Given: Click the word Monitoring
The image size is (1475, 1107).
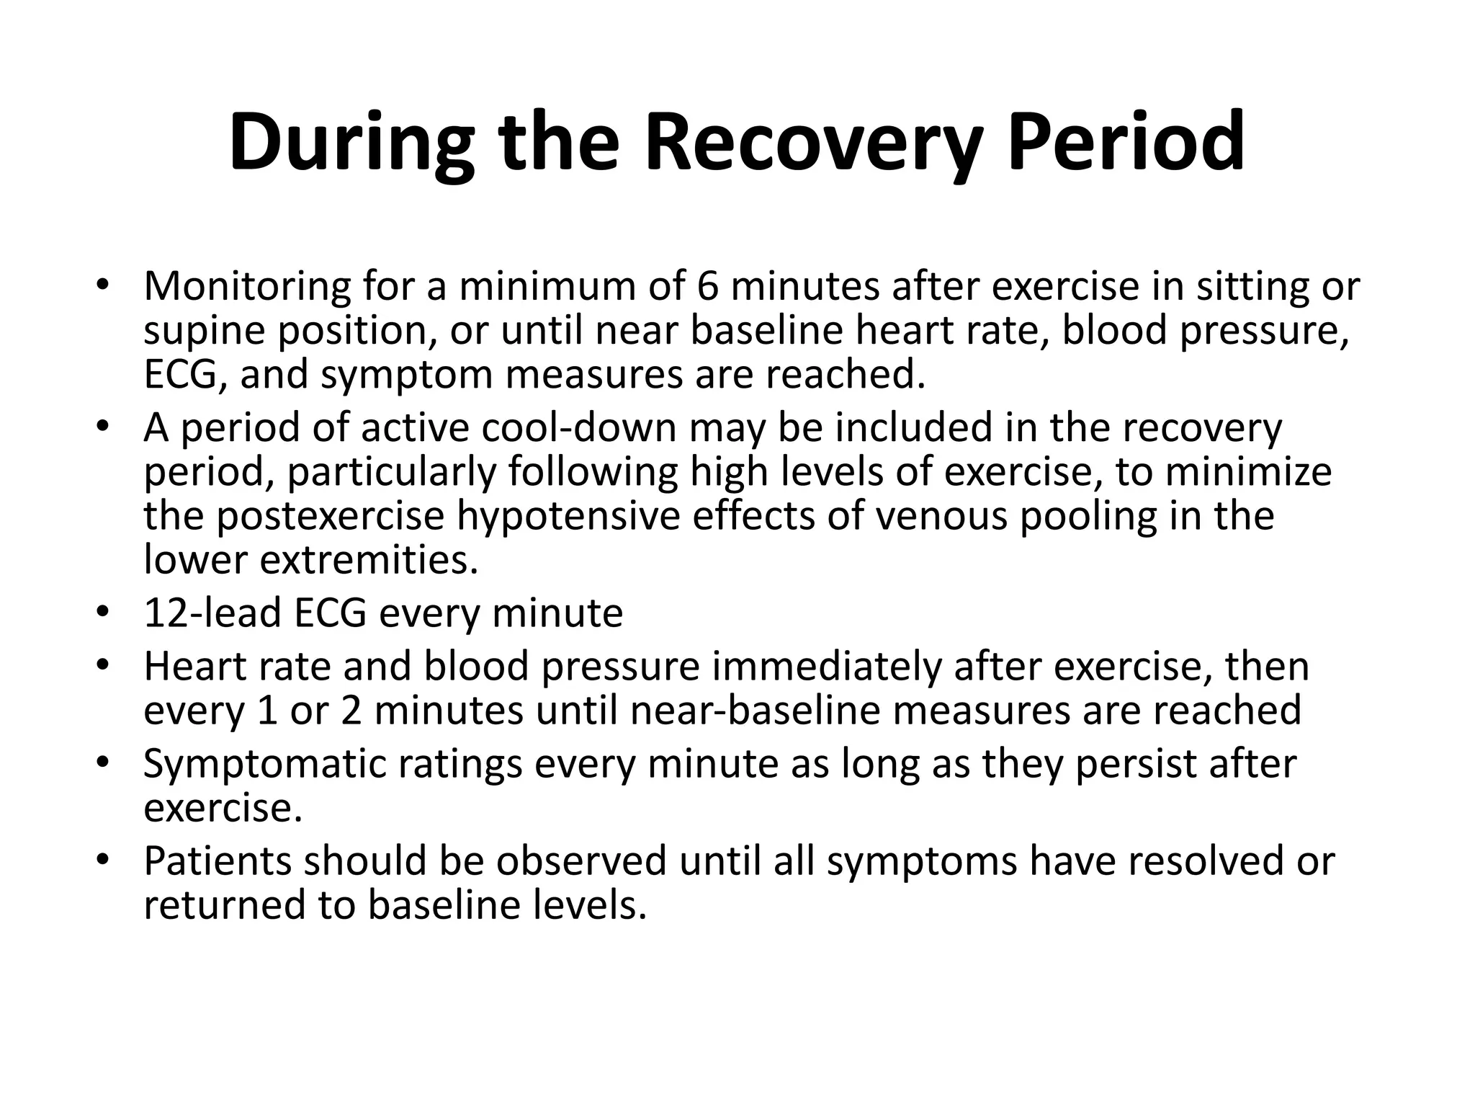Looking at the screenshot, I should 247,286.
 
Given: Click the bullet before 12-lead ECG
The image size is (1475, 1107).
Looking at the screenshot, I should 103,613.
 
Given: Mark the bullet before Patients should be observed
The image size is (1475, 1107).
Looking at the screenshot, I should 103,860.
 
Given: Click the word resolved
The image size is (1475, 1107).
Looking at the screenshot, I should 1211,861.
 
